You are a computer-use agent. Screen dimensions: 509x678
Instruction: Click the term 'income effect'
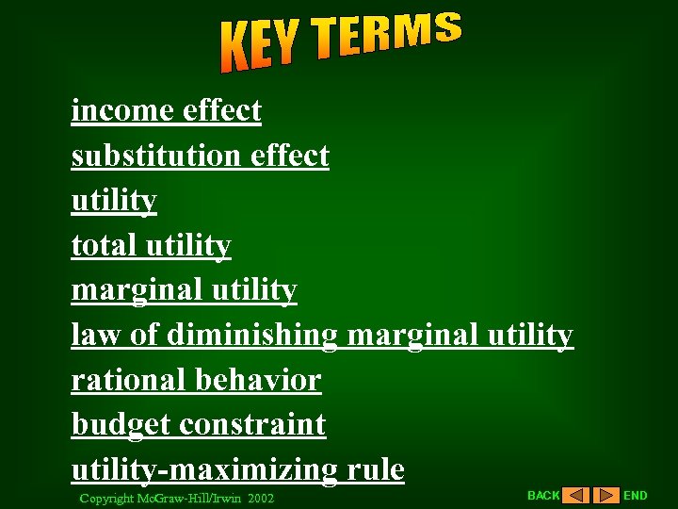[166, 111]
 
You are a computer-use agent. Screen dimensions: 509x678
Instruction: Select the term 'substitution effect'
[200, 156]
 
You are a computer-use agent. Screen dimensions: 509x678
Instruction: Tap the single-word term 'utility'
[114, 201]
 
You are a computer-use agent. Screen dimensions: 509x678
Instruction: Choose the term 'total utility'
[151, 246]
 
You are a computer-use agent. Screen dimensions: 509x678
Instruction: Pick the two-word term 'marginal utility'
[184, 290]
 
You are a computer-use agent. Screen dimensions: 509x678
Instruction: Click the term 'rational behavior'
[196, 380]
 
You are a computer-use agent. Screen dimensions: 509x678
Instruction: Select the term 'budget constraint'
[198, 425]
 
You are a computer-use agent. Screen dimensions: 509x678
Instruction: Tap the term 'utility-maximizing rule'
[237, 469]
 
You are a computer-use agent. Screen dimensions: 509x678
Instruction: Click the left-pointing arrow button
[575, 495]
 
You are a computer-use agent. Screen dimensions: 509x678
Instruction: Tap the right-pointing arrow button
[606, 495]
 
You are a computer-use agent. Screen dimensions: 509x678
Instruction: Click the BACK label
[543, 495]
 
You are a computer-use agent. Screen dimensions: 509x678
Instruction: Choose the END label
[636, 495]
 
